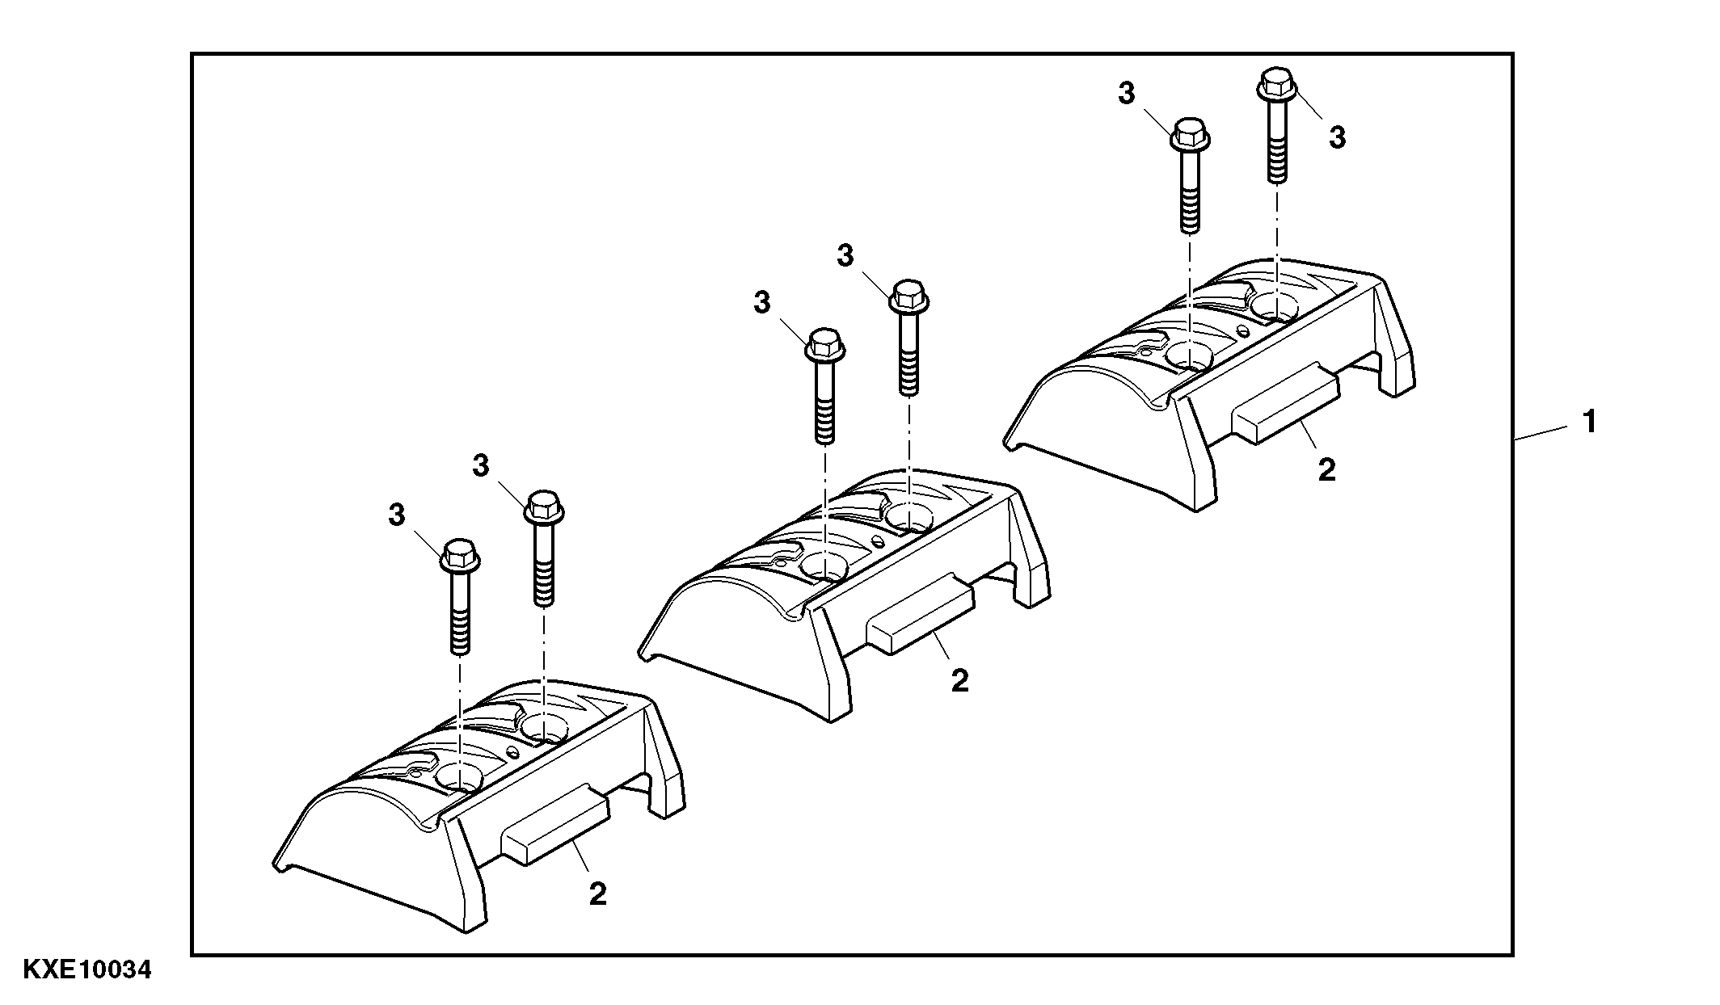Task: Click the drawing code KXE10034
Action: click(87, 969)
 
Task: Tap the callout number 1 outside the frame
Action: click(1589, 422)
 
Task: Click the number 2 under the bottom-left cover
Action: click(597, 894)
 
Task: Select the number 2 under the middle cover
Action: click(959, 681)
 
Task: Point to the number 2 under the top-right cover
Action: click(1326, 470)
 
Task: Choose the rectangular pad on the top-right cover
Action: click(1285, 402)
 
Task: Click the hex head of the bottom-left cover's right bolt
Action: click(545, 504)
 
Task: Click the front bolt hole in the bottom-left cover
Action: click(459, 778)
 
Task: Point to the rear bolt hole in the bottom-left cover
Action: click(544, 727)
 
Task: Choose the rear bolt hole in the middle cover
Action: click(908, 515)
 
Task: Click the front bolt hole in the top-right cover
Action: click(1189, 355)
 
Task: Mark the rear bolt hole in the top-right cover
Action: click(1275, 305)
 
